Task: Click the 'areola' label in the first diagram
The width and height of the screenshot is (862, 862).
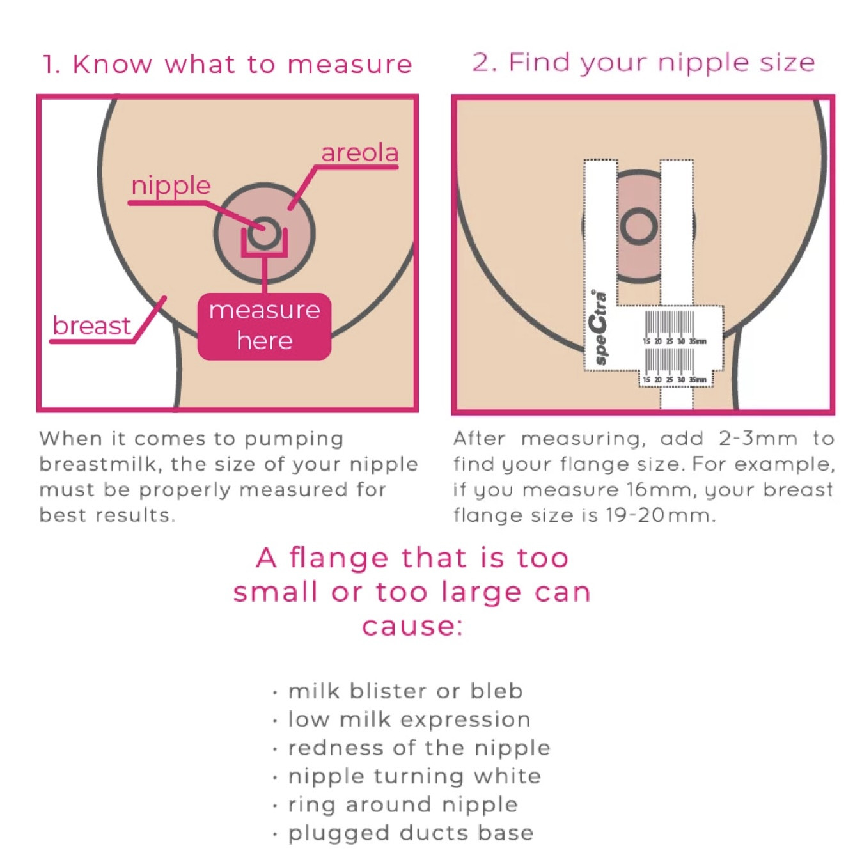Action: pyautogui.click(x=359, y=153)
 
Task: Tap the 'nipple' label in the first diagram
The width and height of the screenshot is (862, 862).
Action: pyautogui.click(x=171, y=186)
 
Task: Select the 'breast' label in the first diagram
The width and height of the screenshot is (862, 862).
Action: pyautogui.click(x=91, y=325)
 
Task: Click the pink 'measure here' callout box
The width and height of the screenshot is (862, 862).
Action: pyautogui.click(x=264, y=325)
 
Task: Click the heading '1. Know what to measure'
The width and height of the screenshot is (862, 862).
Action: pyautogui.click(x=227, y=64)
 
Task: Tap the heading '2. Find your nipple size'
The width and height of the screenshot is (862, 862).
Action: pyautogui.click(x=643, y=63)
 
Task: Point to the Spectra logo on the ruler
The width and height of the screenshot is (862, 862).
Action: pyautogui.click(x=600, y=327)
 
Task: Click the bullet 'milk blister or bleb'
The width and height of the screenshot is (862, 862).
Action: pyautogui.click(x=405, y=691)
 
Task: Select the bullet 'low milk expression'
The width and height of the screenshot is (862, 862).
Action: pyautogui.click(x=409, y=719)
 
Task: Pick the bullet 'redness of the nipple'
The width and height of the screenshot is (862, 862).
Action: pyautogui.click(x=419, y=748)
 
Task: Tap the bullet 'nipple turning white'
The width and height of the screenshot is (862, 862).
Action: pyautogui.click(x=414, y=776)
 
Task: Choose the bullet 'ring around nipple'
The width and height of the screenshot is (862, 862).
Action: pyautogui.click(x=403, y=804)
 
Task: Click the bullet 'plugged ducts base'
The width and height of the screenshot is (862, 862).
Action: pyautogui.click(x=411, y=833)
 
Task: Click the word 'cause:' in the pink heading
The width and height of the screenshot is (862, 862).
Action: pyautogui.click(x=412, y=625)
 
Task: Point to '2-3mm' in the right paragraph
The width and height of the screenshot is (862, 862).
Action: pyautogui.click(x=758, y=439)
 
